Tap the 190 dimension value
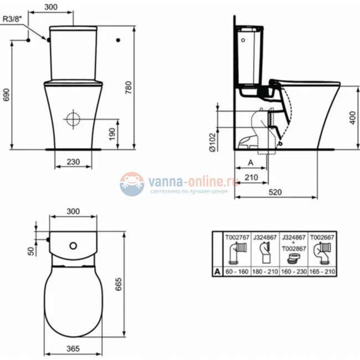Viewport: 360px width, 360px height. coord(112,133)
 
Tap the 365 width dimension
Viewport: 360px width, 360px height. coord(74,348)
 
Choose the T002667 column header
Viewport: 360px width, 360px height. coord(322,237)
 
